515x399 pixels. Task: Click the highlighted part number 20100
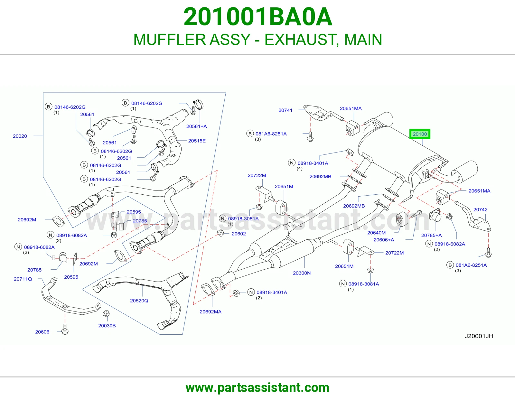pyautogui.click(x=420, y=134)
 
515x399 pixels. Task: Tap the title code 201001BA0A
pyautogui.click(x=257, y=17)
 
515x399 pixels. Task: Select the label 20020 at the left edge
pyautogui.click(x=20, y=136)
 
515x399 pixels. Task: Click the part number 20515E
pyautogui.click(x=197, y=141)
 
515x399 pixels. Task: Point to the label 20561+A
pyautogui.click(x=196, y=126)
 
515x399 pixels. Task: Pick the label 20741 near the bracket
pyautogui.click(x=286, y=110)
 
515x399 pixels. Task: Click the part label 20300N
pyautogui.click(x=302, y=273)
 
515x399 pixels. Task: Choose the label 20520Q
pyautogui.click(x=139, y=301)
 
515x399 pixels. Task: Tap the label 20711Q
pyautogui.click(x=23, y=279)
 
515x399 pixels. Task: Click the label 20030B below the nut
pyautogui.click(x=107, y=326)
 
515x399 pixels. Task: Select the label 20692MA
pyautogui.click(x=211, y=311)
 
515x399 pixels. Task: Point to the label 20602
pyautogui.click(x=239, y=234)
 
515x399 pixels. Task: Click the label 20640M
pyautogui.click(x=376, y=233)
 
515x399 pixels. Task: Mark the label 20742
pyautogui.click(x=480, y=209)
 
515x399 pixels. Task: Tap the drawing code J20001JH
pyautogui.click(x=479, y=336)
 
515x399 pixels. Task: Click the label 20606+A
pyautogui.click(x=384, y=240)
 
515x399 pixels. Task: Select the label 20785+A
pyautogui.click(x=431, y=235)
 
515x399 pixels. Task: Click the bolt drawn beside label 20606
pyautogui.click(x=65, y=329)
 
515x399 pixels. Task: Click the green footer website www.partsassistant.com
pyautogui.click(x=257, y=388)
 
